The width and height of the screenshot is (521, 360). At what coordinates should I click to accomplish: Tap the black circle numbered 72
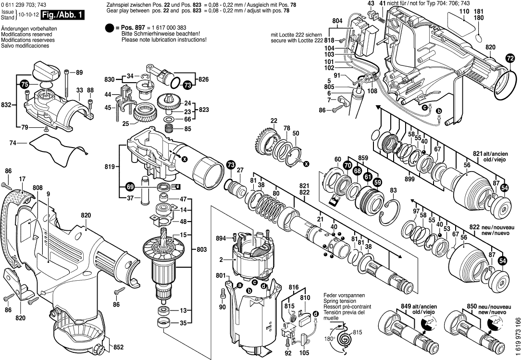pos(510,59)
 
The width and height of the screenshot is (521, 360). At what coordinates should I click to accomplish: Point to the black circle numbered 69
pos(129,186)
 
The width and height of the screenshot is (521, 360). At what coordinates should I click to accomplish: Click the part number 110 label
pos(464,11)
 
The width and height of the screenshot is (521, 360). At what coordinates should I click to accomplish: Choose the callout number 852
pos(119,347)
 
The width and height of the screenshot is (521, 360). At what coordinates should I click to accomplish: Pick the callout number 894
pos(221,238)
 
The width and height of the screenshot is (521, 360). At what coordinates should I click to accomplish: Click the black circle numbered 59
pos(377,182)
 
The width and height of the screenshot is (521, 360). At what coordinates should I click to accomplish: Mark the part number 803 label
pos(202,249)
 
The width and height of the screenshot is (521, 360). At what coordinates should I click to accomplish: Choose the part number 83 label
pos(394,190)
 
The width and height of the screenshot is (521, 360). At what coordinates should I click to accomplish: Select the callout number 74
pos(12,143)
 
